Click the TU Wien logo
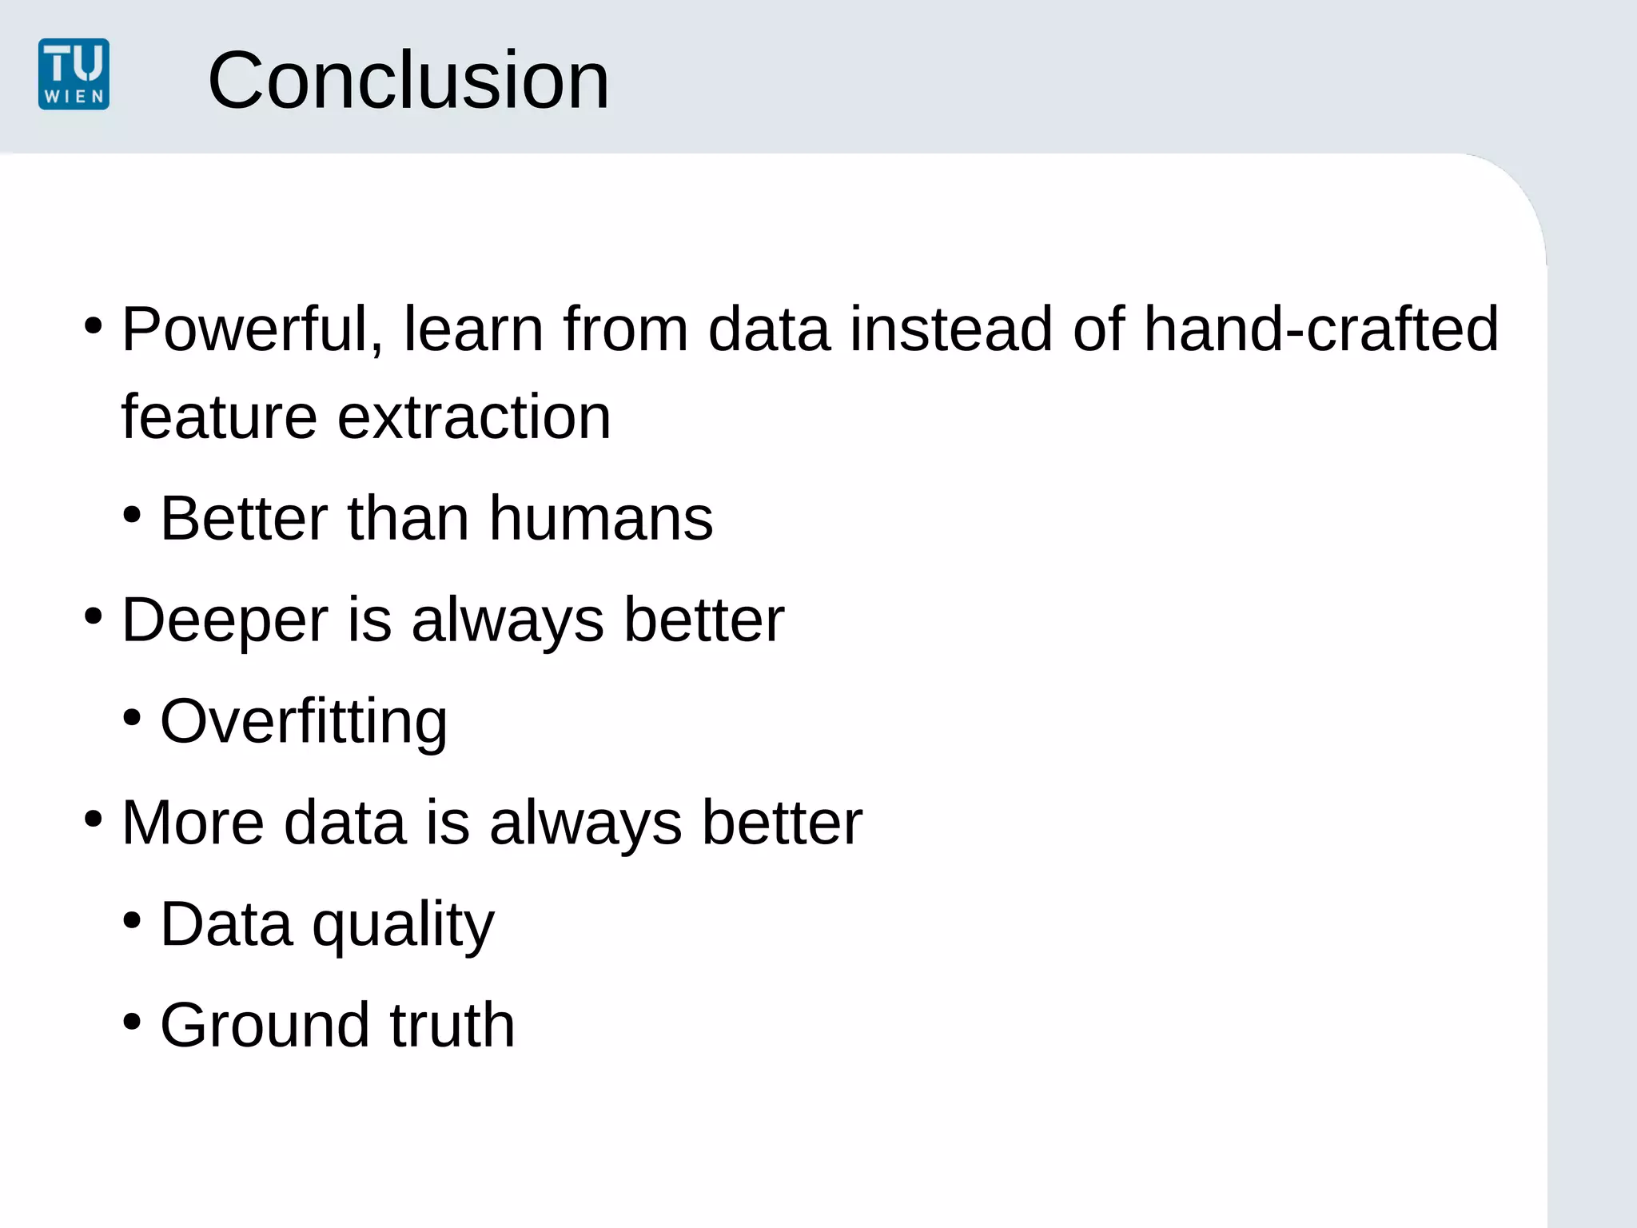tap(74, 74)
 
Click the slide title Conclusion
tap(408, 80)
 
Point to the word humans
tap(600, 519)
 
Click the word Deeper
tap(225, 620)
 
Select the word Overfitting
tap(303, 722)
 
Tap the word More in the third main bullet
tap(193, 823)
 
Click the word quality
tap(403, 925)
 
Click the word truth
tap(452, 1026)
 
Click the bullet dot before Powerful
tap(94, 325)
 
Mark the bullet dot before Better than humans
tap(133, 515)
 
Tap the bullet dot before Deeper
tap(94, 616)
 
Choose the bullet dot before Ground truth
tap(133, 1022)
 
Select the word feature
tap(219, 417)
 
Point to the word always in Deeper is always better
tap(507, 620)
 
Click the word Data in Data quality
tap(226, 925)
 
